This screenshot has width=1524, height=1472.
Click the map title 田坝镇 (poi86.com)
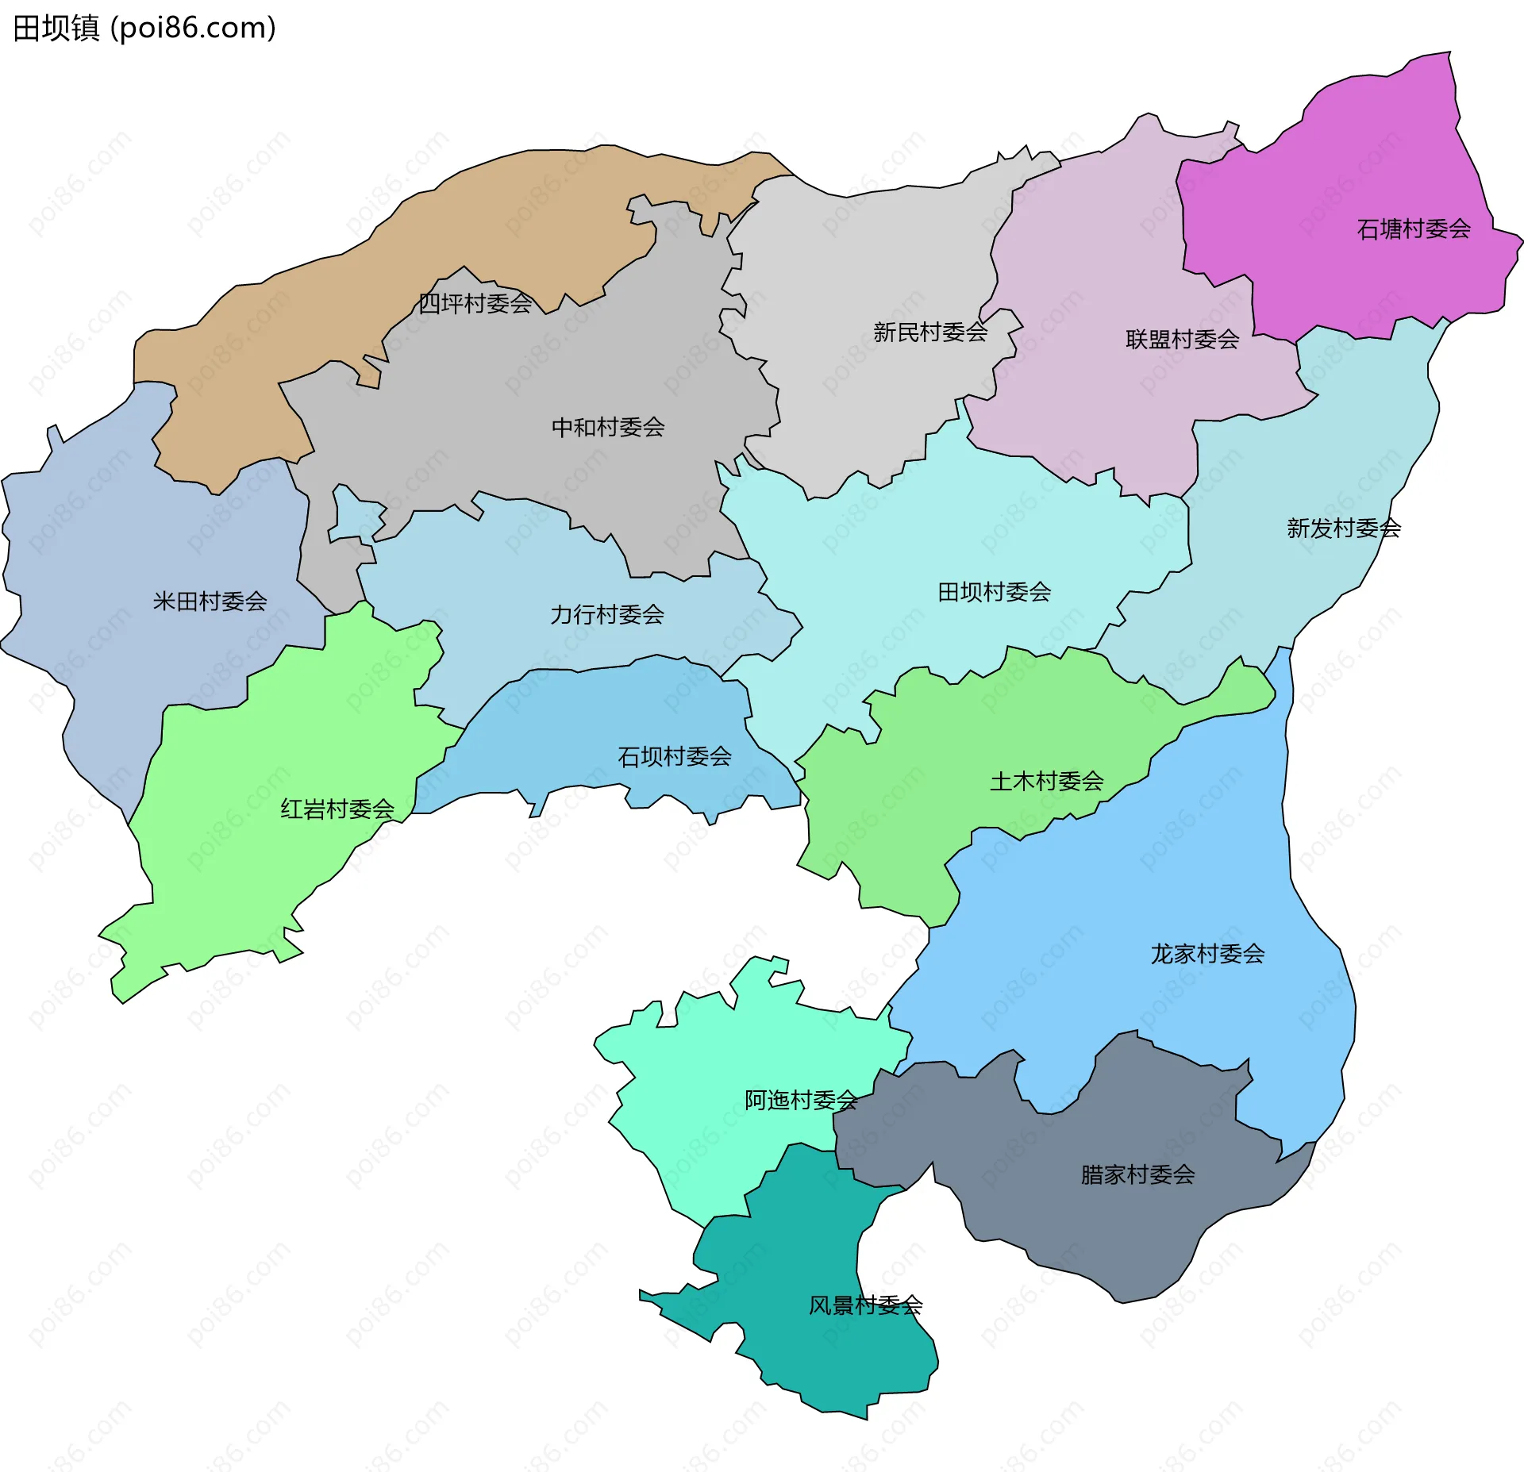(144, 29)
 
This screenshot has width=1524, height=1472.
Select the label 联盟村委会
(1182, 340)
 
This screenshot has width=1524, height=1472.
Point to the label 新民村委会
(929, 332)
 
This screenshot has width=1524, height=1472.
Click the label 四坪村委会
(475, 304)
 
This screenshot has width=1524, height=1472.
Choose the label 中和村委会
(608, 428)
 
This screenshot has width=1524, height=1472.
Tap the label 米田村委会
(210, 601)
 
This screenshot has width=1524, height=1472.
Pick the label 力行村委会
(607, 615)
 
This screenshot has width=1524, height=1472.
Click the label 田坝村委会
(994, 592)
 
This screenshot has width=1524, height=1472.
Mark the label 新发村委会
(1343, 528)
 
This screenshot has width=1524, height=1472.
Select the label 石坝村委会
(674, 757)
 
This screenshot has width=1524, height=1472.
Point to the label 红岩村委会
(337, 809)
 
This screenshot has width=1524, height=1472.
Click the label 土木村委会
(1046, 782)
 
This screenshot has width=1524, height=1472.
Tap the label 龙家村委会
(1207, 954)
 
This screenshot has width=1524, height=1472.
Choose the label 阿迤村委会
(801, 1100)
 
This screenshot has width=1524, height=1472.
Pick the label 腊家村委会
(1137, 1174)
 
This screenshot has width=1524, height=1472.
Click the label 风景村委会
(865, 1305)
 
